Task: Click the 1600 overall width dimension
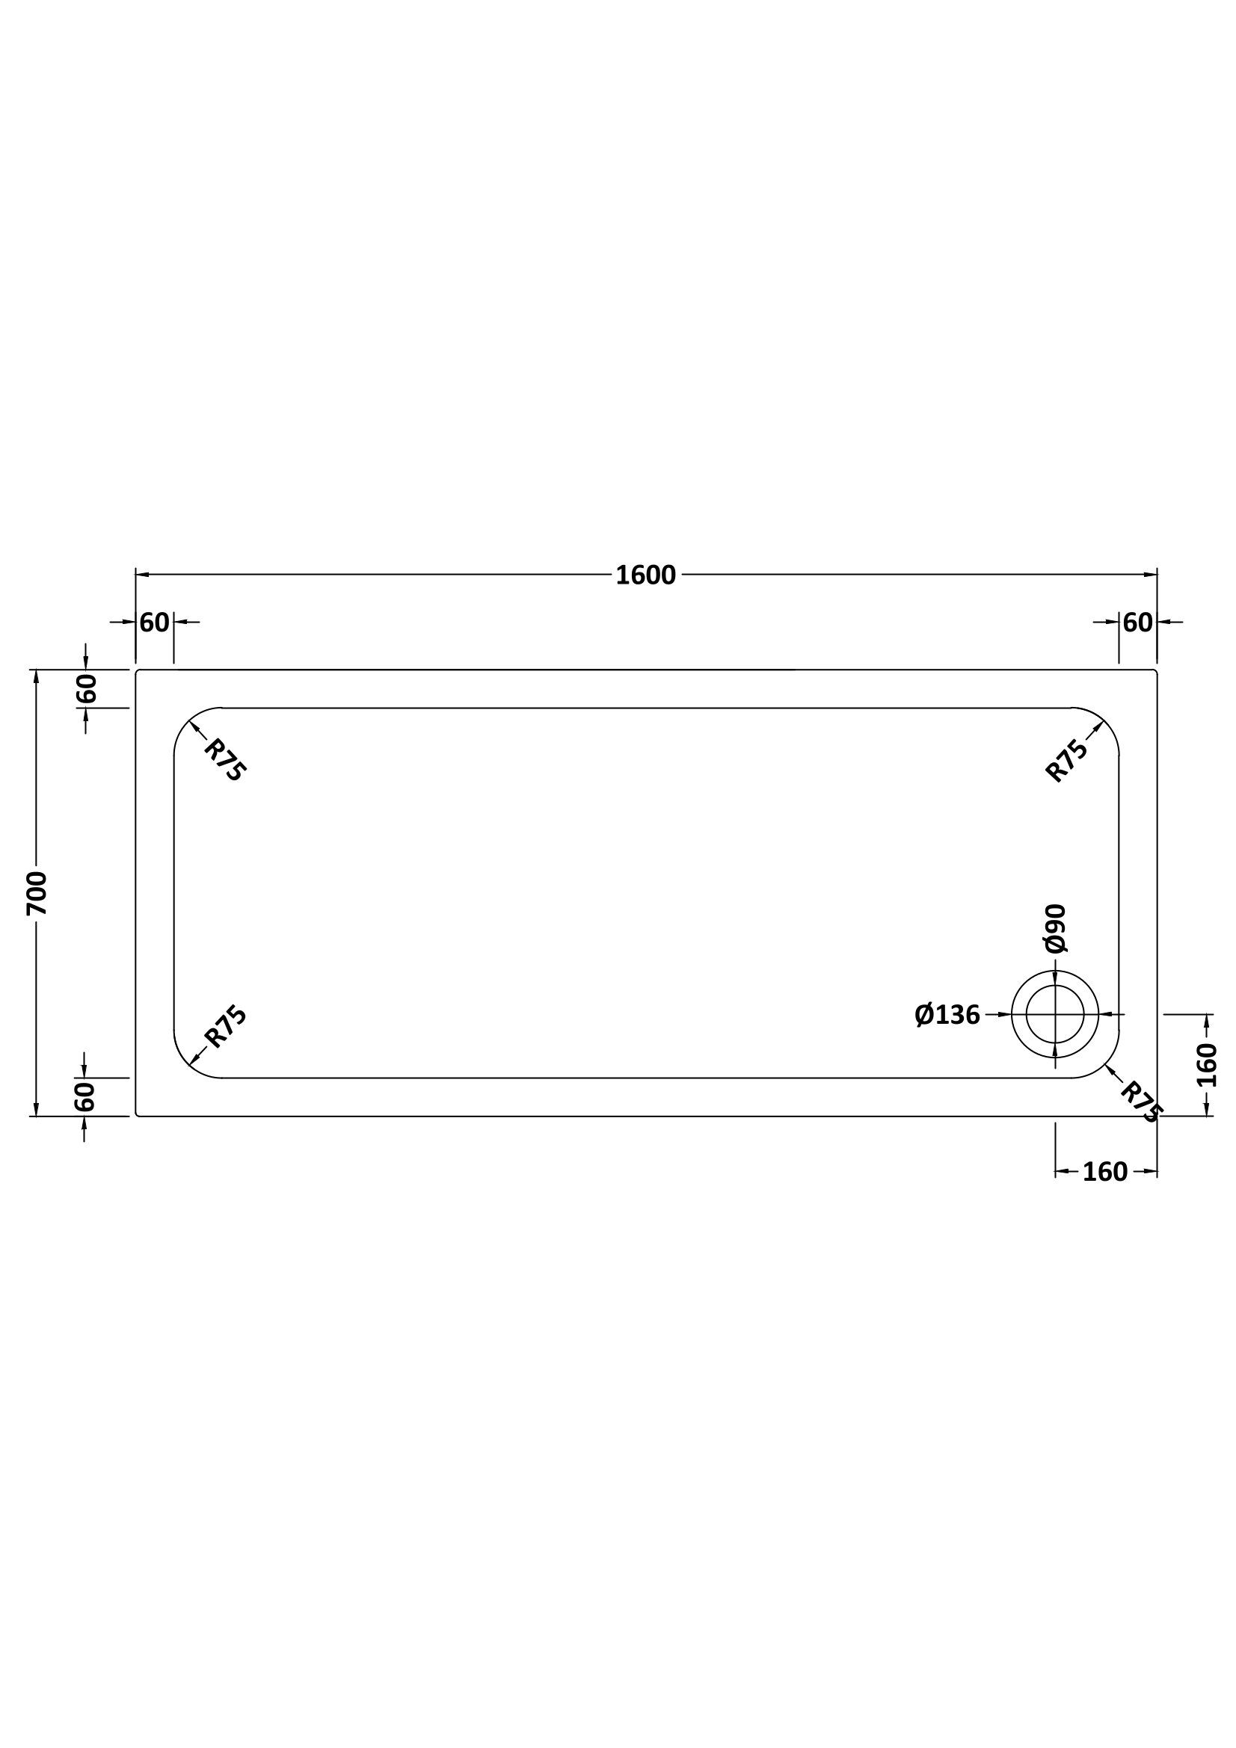[x=645, y=575]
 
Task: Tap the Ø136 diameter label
[x=947, y=1015]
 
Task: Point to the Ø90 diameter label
[x=1056, y=928]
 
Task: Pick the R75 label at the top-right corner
[x=1067, y=761]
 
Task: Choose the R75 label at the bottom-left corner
[x=226, y=1027]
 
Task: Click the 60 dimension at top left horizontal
[x=155, y=623]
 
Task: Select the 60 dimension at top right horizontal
[x=1138, y=623]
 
